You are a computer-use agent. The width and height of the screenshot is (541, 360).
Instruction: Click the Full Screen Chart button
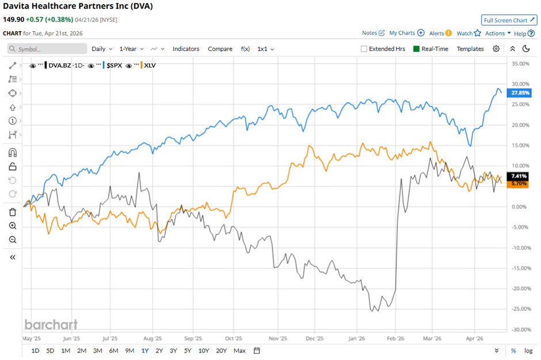click(x=509, y=20)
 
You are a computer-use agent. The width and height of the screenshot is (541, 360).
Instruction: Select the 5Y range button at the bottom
click(x=188, y=351)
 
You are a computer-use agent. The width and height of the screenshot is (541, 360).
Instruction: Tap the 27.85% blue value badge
click(x=520, y=93)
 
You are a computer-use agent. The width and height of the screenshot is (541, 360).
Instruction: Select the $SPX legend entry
click(x=113, y=66)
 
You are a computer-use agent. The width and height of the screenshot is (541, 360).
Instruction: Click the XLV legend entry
click(x=149, y=66)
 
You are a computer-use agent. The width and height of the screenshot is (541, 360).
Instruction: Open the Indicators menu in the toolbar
click(x=186, y=49)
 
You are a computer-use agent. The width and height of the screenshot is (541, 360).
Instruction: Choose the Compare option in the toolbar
click(x=220, y=49)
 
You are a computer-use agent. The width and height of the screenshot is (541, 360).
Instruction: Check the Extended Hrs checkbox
click(x=364, y=49)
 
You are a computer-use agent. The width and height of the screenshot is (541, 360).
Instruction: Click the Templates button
click(x=470, y=49)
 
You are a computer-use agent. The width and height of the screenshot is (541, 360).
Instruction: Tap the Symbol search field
click(x=47, y=49)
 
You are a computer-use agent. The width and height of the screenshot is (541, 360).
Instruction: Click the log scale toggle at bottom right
click(x=528, y=351)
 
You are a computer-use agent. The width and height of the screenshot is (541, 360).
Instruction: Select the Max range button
click(x=239, y=351)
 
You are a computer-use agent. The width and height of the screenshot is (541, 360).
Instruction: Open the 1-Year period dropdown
click(x=132, y=49)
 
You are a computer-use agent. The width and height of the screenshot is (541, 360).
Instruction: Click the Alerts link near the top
click(x=440, y=33)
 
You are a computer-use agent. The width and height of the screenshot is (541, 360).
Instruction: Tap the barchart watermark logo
click(x=51, y=324)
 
